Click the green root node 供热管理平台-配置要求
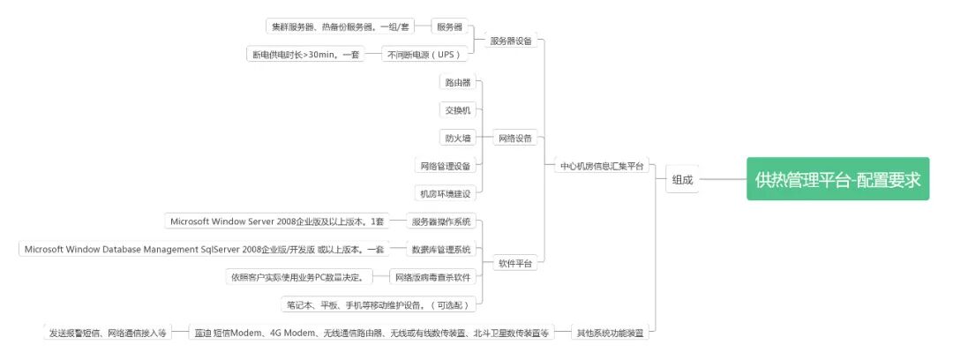(837, 179)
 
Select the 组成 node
(682, 179)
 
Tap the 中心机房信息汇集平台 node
(602, 165)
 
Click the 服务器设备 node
(511, 41)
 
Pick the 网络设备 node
(514, 138)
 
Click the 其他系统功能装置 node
(610, 333)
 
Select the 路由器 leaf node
(458, 82)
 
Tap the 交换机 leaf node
(458, 110)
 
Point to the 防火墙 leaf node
(458, 138)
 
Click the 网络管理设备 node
(446, 165)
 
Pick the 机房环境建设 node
(446, 193)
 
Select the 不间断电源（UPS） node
(424, 55)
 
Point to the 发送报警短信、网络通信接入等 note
(107, 333)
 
